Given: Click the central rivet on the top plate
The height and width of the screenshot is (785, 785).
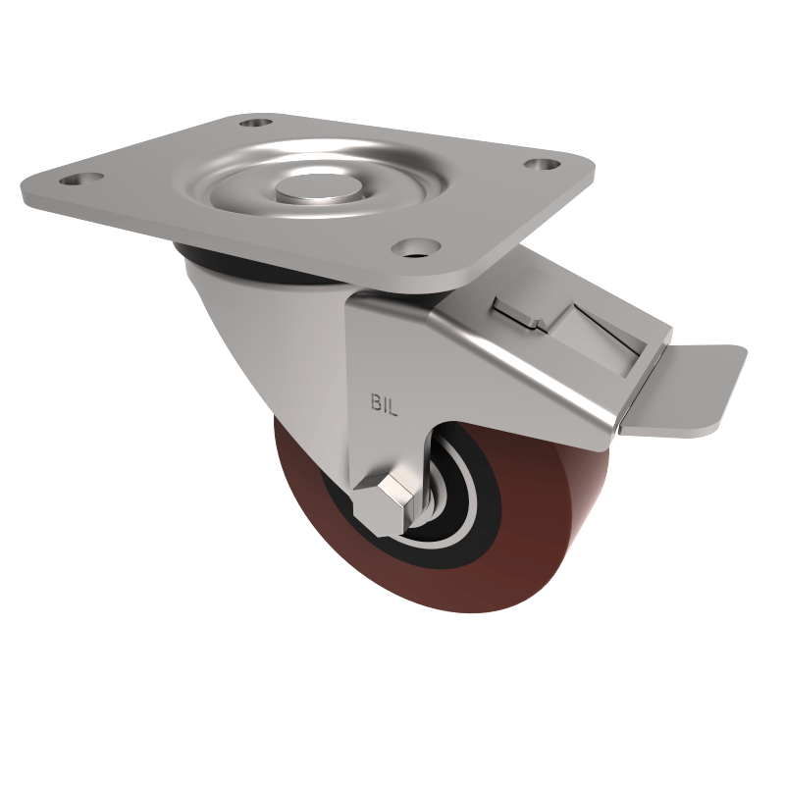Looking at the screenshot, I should coord(305,188).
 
